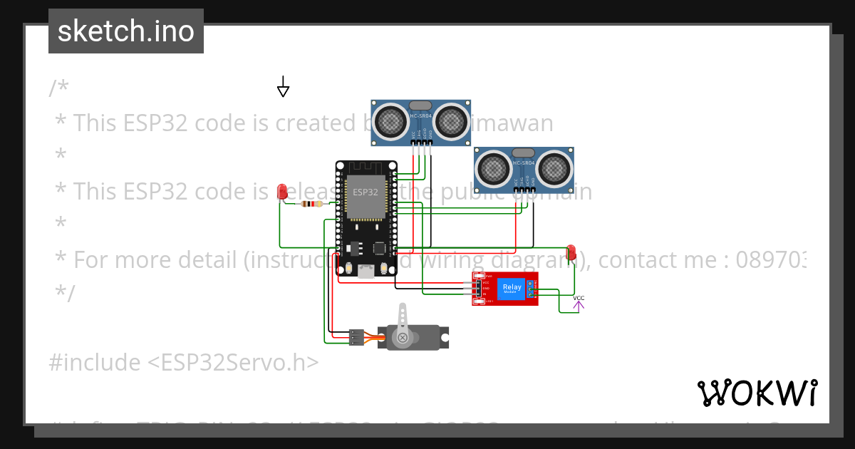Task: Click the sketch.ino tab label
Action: (x=126, y=31)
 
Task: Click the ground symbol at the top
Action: (x=283, y=88)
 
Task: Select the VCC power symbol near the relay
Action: (x=579, y=304)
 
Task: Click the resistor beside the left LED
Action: (x=311, y=204)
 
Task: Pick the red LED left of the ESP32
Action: (x=282, y=191)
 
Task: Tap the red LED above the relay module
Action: (x=571, y=252)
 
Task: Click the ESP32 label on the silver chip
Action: (x=366, y=192)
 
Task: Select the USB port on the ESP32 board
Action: (x=366, y=270)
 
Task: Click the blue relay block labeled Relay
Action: (x=511, y=289)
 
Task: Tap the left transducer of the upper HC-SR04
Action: (x=390, y=122)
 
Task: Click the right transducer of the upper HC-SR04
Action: (x=451, y=122)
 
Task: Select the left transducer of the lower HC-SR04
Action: (x=493, y=169)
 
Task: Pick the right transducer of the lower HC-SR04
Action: (x=554, y=169)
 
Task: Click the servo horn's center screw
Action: (x=403, y=337)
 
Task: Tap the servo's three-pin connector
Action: (x=356, y=337)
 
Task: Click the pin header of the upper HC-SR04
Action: (x=422, y=143)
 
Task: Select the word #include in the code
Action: (x=95, y=363)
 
